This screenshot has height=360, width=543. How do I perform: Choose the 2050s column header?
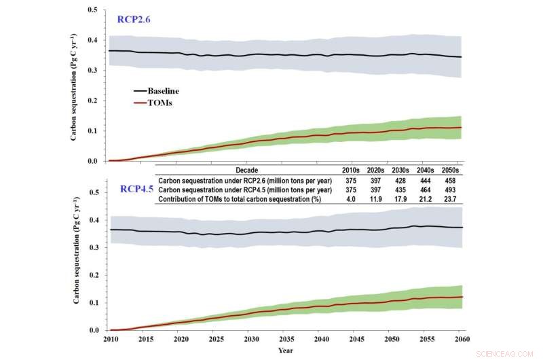point(448,169)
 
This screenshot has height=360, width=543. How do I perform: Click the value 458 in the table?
point(448,180)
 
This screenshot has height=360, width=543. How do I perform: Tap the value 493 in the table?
point(448,190)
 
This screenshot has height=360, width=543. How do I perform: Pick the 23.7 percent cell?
point(448,199)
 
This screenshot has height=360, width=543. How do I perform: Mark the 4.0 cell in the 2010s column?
point(350,199)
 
